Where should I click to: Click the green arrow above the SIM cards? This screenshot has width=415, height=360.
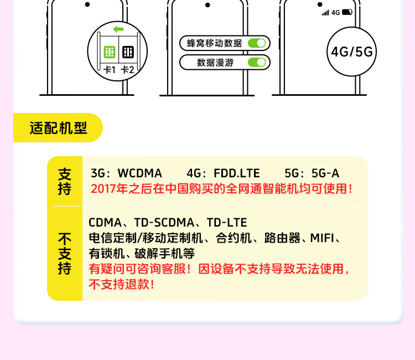click(117, 29)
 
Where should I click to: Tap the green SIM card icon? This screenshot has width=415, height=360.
click(110, 52)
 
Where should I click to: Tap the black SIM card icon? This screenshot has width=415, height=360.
click(128, 52)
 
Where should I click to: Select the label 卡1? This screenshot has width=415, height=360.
click(110, 70)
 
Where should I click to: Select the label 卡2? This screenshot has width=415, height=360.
click(128, 70)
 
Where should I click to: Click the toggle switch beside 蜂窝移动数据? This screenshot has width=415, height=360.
click(257, 43)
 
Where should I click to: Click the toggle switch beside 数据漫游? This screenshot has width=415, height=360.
click(257, 62)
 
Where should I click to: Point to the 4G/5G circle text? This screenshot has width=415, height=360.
click(352, 52)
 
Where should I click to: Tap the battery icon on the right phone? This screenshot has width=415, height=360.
click(347, 12)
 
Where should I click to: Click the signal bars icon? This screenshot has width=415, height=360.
click(325, 12)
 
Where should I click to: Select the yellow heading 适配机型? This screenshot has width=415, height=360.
click(58, 128)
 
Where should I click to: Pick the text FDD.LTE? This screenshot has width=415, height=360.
click(236, 173)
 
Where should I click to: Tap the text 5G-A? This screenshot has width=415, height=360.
click(326, 173)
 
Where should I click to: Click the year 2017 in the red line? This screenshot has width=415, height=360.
click(102, 188)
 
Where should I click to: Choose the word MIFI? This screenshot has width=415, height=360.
click(322, 238)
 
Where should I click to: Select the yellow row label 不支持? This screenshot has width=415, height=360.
click(65, 254)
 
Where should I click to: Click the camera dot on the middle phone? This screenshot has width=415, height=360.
click(207, 5)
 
